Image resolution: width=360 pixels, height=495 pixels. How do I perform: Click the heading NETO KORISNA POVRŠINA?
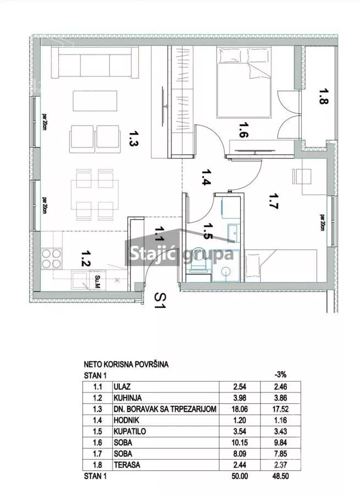pos(126,364)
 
